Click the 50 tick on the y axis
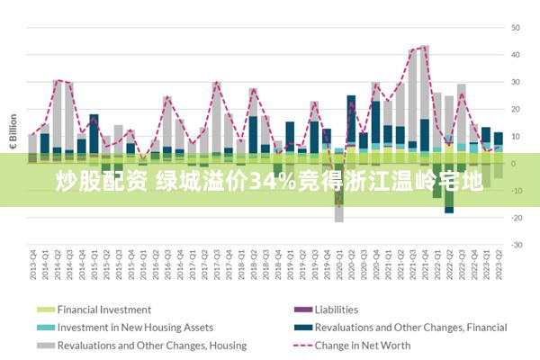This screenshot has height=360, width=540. [517, 28]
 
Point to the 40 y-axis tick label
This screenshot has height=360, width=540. [517, 55]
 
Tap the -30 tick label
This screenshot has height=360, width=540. [517, 244]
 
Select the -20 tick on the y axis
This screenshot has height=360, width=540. [517, 217]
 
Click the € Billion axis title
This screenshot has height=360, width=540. [13, 130]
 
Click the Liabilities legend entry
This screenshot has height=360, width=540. [336, 310]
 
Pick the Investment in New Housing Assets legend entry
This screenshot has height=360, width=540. [135, 328]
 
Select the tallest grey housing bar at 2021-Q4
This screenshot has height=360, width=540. [425, 81]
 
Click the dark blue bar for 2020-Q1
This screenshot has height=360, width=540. [351, 117]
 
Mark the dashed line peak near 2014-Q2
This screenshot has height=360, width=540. [57, 81]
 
